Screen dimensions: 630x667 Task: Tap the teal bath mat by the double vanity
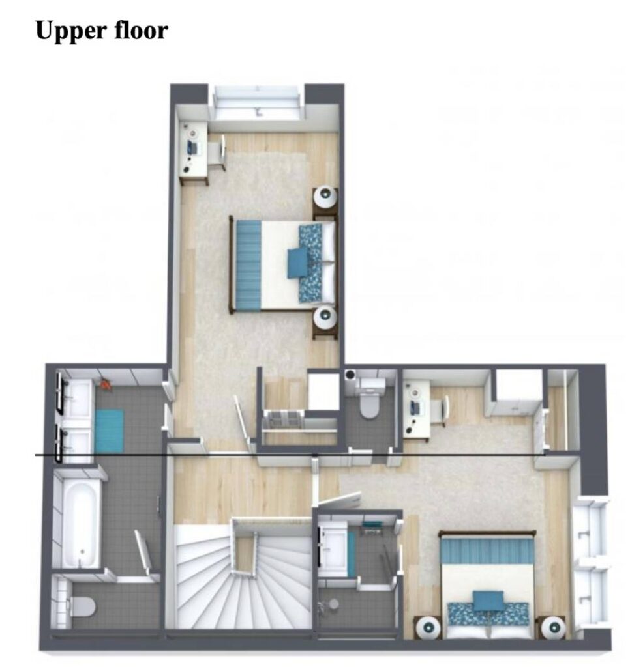click(x=109, y=431)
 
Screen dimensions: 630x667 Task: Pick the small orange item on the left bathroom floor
click(x=106, y=384)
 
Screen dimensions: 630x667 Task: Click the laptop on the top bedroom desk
click(x=191, y=147)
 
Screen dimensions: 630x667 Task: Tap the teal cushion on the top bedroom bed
click(x=298, y=263)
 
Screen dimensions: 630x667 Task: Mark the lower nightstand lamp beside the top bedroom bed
click(x=325, y=316)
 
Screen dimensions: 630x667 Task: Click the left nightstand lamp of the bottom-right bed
click(x=428, y=627)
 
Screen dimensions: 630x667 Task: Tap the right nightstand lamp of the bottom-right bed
click(x=552, y=627)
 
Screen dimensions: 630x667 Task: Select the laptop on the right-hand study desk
click(x=415, y=408)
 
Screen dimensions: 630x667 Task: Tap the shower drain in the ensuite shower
click(x=333, y=604)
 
